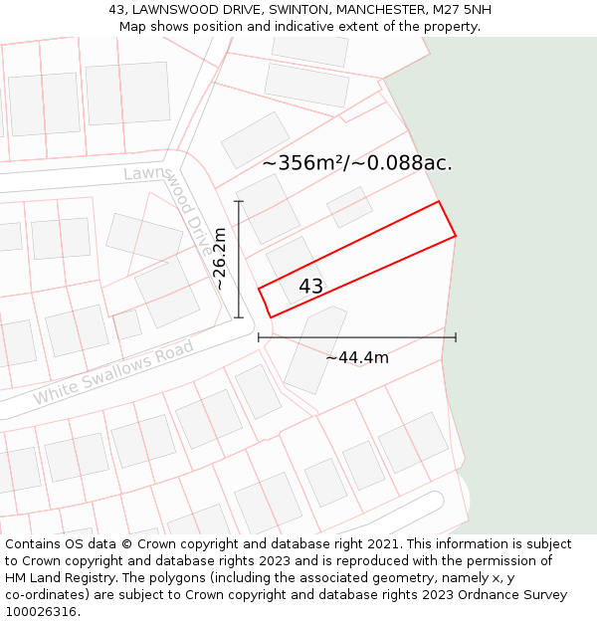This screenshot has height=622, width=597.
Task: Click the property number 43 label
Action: (310, 287)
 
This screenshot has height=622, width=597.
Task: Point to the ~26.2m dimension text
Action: (220, 259)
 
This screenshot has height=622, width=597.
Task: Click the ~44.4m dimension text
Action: (357, 357)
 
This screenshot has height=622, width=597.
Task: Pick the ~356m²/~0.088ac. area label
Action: (357, 163)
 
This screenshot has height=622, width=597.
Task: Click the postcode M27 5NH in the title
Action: (464, 10)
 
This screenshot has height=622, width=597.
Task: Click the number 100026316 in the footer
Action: (40, 612)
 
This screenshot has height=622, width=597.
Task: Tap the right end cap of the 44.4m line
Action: (456, 337)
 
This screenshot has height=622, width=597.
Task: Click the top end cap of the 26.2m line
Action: (239, 201)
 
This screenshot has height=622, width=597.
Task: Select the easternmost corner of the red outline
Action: (456, 236)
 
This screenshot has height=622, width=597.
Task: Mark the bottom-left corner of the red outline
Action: (270, 317)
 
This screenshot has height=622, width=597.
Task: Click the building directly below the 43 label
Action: (315, 348)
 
